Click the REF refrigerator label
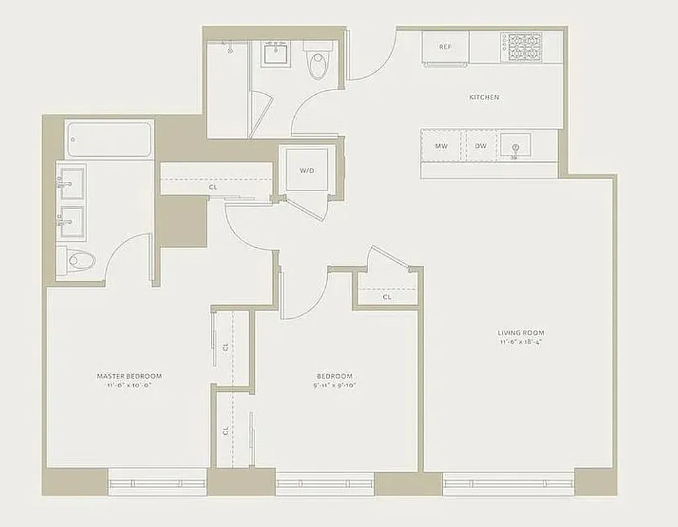tap(446, 47)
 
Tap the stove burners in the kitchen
tap(524, 47)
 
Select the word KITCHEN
tap(483, 97)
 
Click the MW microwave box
tap(441, 146)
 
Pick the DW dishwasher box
tap(480, 146)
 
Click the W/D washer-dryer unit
tap(307, 170)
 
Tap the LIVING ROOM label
tap(521, 333)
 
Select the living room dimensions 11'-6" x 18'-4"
tap(521, 343)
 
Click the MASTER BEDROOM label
tap(129, 376)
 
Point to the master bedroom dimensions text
tap(129, 386)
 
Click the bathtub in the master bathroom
tap(109, 140)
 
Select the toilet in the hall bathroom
tap(319, 61)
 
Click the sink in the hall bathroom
tap(274, 53)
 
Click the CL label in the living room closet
tap(387, 297)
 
